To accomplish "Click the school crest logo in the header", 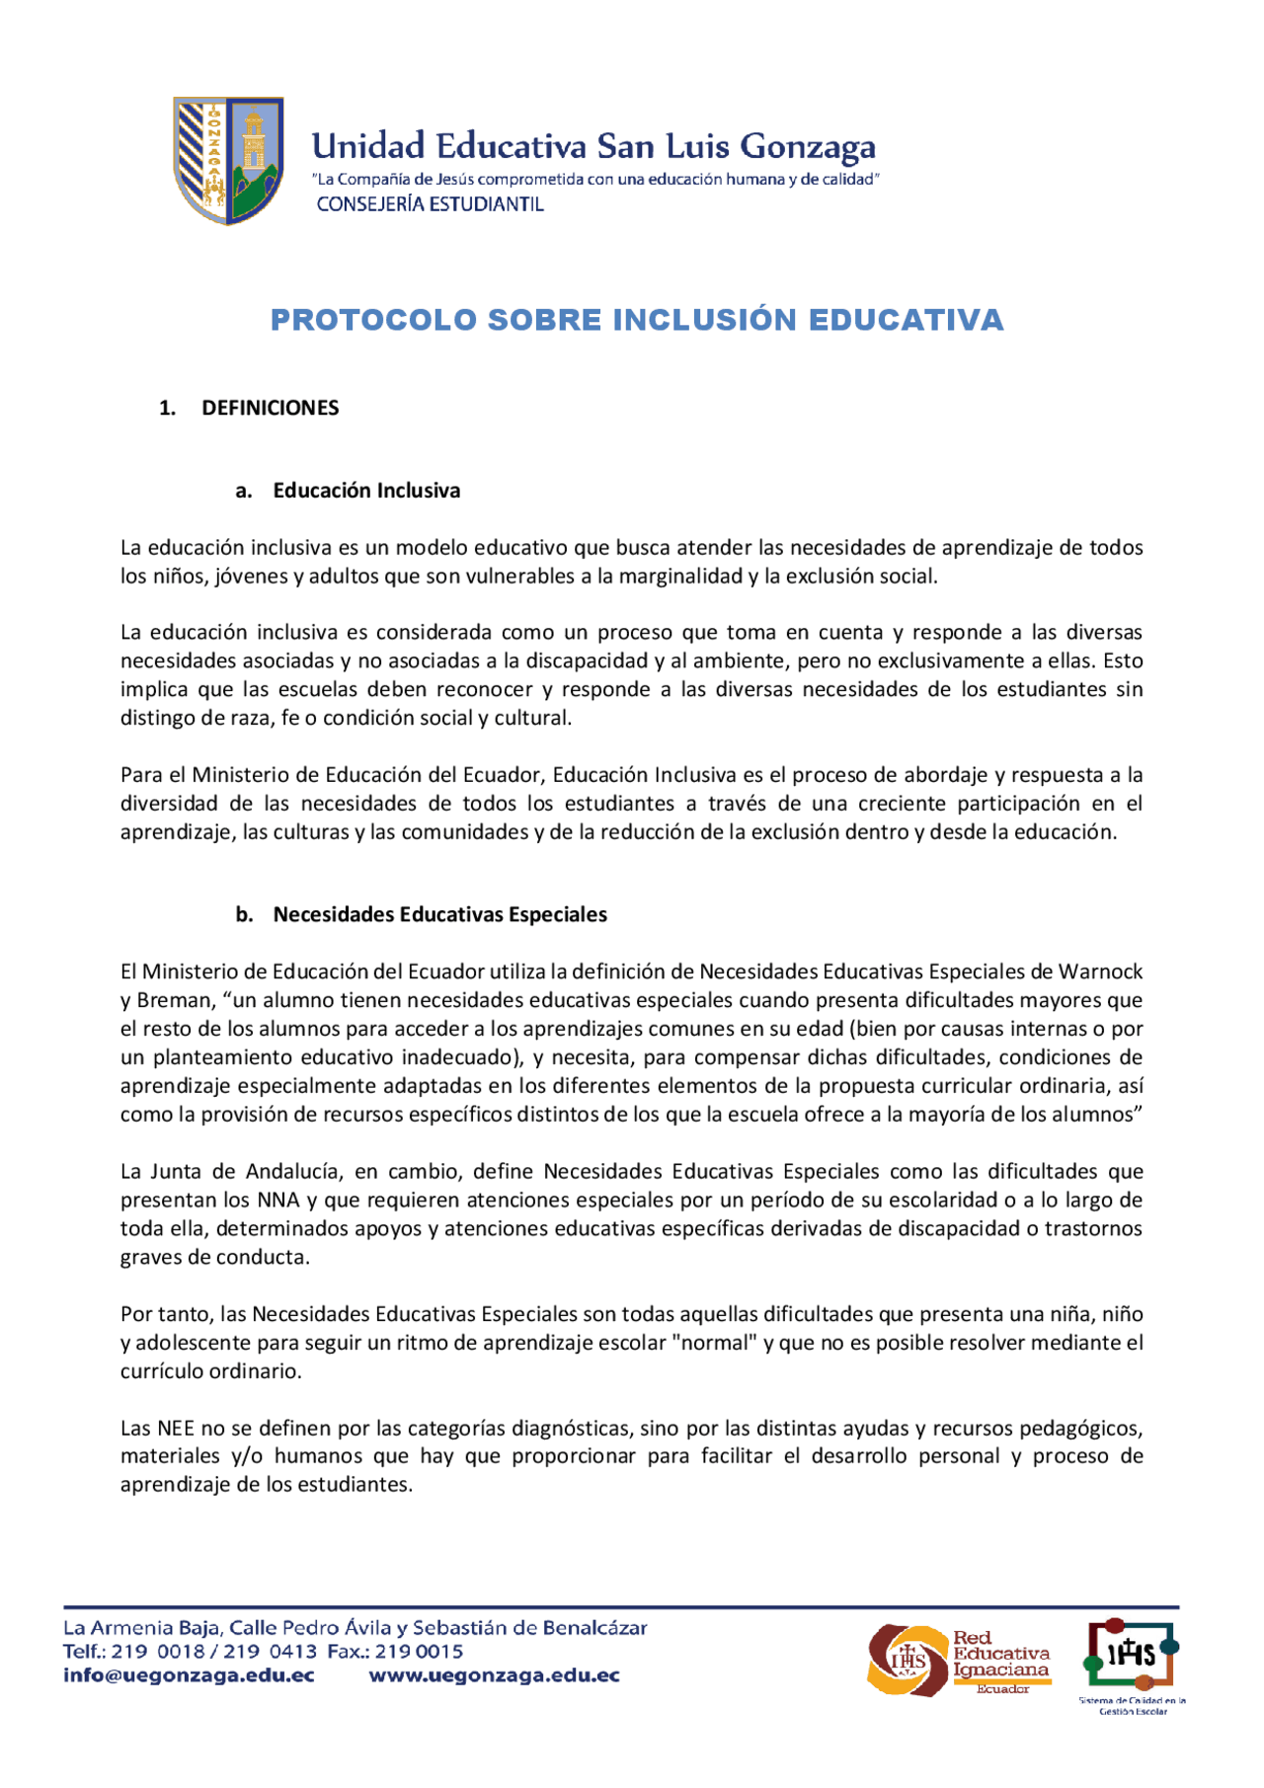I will click(229, 160).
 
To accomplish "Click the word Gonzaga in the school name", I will click(807, 147).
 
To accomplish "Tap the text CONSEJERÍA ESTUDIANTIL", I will click(430, 204).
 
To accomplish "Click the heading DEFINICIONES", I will click(270, 408).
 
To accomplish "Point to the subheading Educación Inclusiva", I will click(366, 491).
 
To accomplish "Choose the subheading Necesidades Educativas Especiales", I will click(439, 914).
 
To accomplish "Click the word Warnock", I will click(1100, 972).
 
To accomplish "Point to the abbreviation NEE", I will click(176, 1429).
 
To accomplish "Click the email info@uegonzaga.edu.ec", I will click(189, 1675).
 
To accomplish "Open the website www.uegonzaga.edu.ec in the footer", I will click(494, 1675).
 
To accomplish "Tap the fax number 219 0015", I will click(419, 1652).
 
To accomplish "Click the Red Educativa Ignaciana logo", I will click(959, 1661).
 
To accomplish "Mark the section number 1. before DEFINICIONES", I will click(167, 408).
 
